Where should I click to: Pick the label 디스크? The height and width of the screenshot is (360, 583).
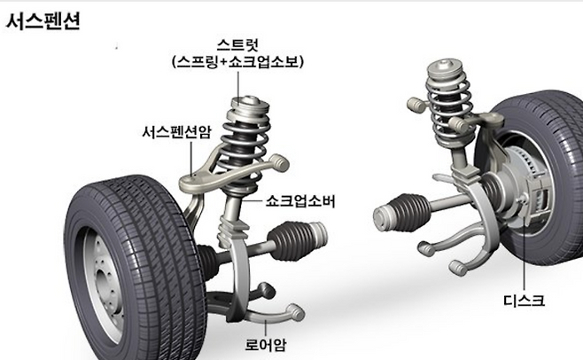[521, 301]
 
